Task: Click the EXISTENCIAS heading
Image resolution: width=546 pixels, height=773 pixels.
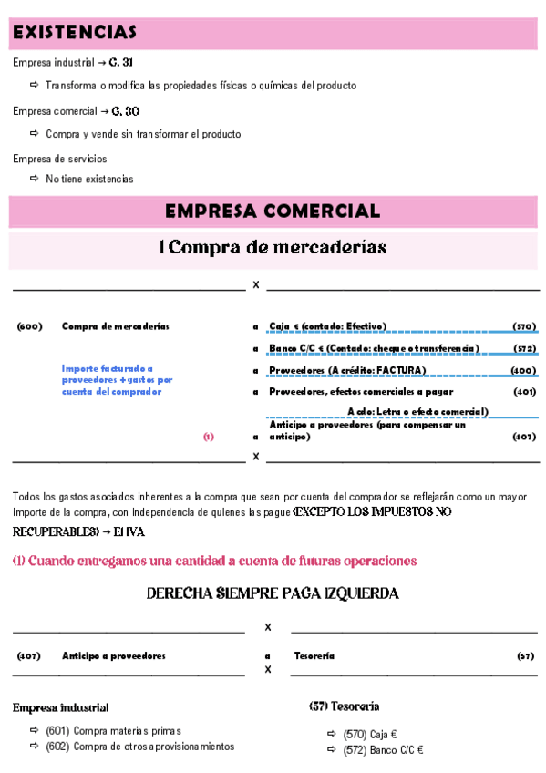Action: pyautogui.click(x=75, y=33)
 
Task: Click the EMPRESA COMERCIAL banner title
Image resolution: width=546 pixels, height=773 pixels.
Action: pyautogui.click(x=273, y=211)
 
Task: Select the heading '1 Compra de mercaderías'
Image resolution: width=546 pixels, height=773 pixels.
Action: pyautogui.click(x=273, y=247)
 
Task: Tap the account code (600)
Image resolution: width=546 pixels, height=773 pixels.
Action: pyautogui.click(x=30, y=326)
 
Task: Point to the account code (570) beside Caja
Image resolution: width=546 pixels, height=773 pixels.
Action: pyautogui.click(x=524, y=326)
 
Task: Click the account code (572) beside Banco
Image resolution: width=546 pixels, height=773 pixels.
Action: pyautogui.click(x=524, y=348)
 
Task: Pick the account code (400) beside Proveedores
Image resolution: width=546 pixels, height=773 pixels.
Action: pyautogui.click(x=524, y=370)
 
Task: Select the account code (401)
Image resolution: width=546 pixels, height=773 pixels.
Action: pyautogui.click(x=524, y=392)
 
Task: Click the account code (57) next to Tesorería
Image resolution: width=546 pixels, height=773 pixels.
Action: pyautogui.click(x=526, y=655)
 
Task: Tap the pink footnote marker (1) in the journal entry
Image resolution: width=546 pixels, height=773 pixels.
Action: pyautogui.click(x=209, y=437)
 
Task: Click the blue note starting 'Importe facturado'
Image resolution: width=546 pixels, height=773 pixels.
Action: pyautogui.click(x=117, y=379)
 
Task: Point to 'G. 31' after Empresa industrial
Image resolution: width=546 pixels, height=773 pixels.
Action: pyautogui.click(x=121, y=63)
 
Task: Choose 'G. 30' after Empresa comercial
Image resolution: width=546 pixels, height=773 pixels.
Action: pyautogui.click(x=126, y=111)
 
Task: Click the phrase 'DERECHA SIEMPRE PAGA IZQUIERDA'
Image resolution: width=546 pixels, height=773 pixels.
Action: pyautogui.click(x=273, y=594)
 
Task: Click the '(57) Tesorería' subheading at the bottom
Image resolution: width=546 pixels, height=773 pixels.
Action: pyautogui.click(x=345, y=706)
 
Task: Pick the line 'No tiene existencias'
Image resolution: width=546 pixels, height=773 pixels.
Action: pyautogui.click(x=89, y=179)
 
